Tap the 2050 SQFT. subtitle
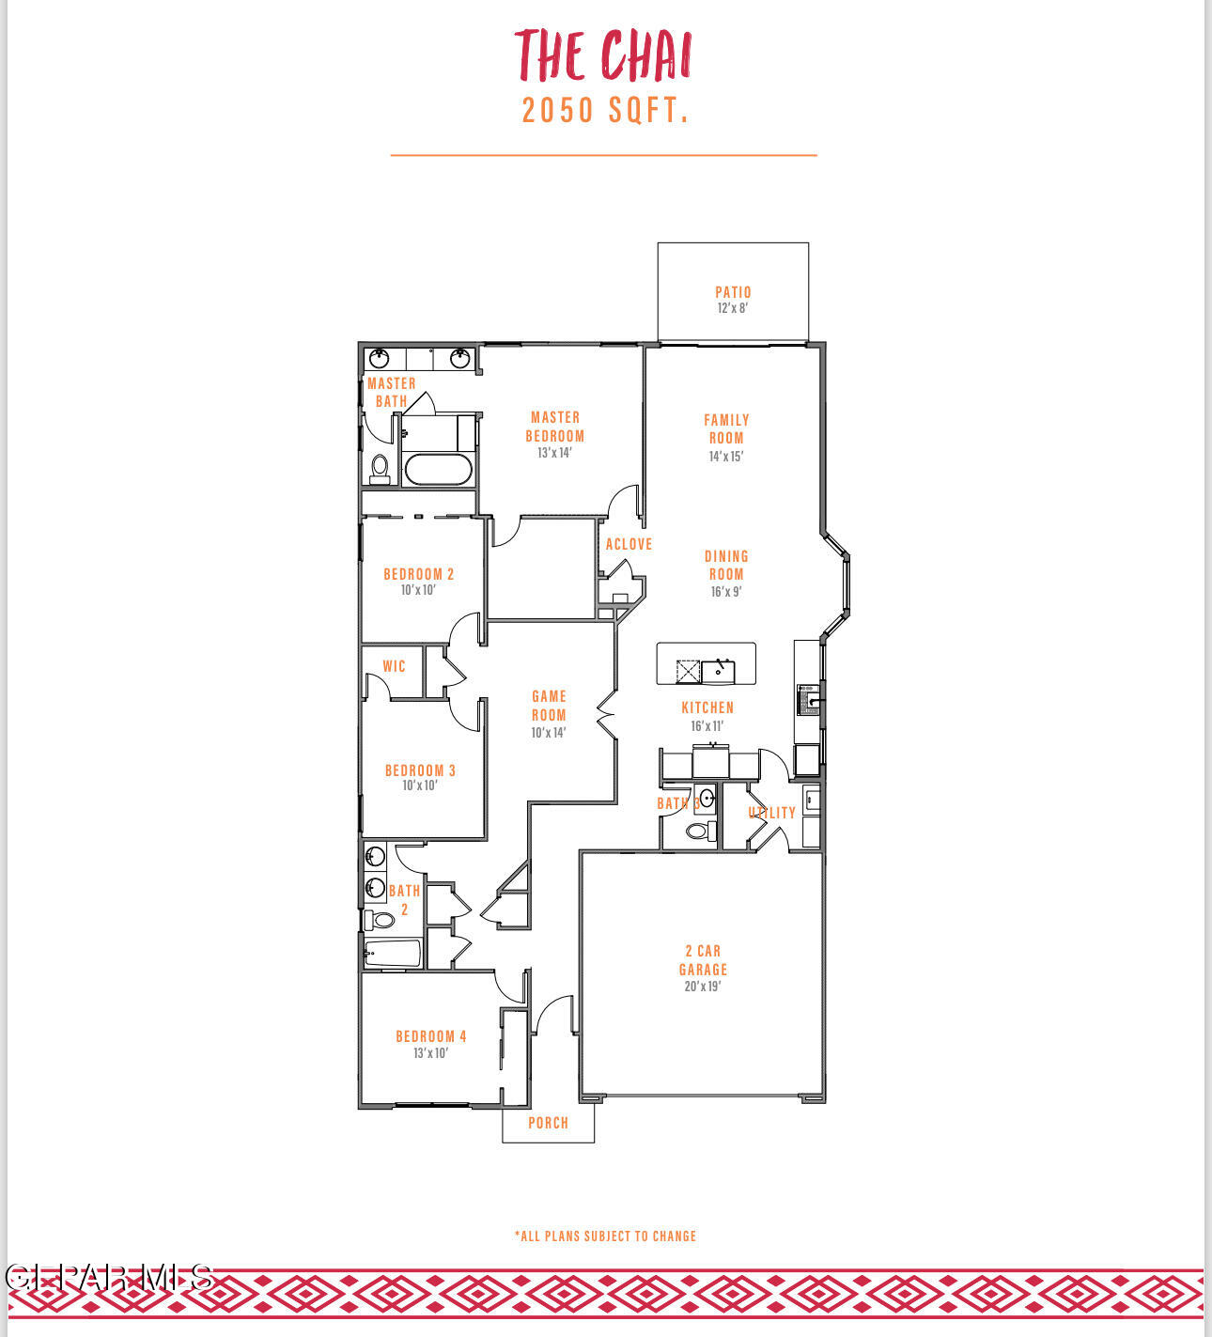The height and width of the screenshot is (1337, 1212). tap(606, 111)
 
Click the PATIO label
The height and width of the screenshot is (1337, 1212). tap(733, 292)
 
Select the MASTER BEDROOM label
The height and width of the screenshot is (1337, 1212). tap(554, 427)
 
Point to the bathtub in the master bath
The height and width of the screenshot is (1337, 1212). tap(437, 469)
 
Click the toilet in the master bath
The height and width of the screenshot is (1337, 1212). tap(380, 467)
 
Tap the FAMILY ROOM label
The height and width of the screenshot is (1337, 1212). tap(726, 428)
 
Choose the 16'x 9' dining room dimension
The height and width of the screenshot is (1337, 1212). tap(726, 592)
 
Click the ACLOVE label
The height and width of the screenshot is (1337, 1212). tap(629, 544)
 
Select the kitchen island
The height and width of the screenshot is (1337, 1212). tap(706, 664)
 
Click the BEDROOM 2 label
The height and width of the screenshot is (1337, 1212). tap(419, 574)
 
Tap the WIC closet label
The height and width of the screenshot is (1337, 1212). tap(394, 666)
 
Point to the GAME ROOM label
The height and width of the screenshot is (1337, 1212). tap(549, 706)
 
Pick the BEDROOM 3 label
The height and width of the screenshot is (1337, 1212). tap(420, 770)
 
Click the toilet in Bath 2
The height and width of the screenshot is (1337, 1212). tap(380, 919)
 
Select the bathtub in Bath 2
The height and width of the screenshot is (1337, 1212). tap(393, 953)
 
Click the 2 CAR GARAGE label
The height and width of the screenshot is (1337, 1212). tap(703, 960)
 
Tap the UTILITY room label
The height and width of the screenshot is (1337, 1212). tap(772, 813)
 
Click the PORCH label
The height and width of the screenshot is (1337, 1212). tap(548, 1123)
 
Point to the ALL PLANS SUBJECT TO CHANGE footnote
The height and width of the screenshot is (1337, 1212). tap(606, 1236)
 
